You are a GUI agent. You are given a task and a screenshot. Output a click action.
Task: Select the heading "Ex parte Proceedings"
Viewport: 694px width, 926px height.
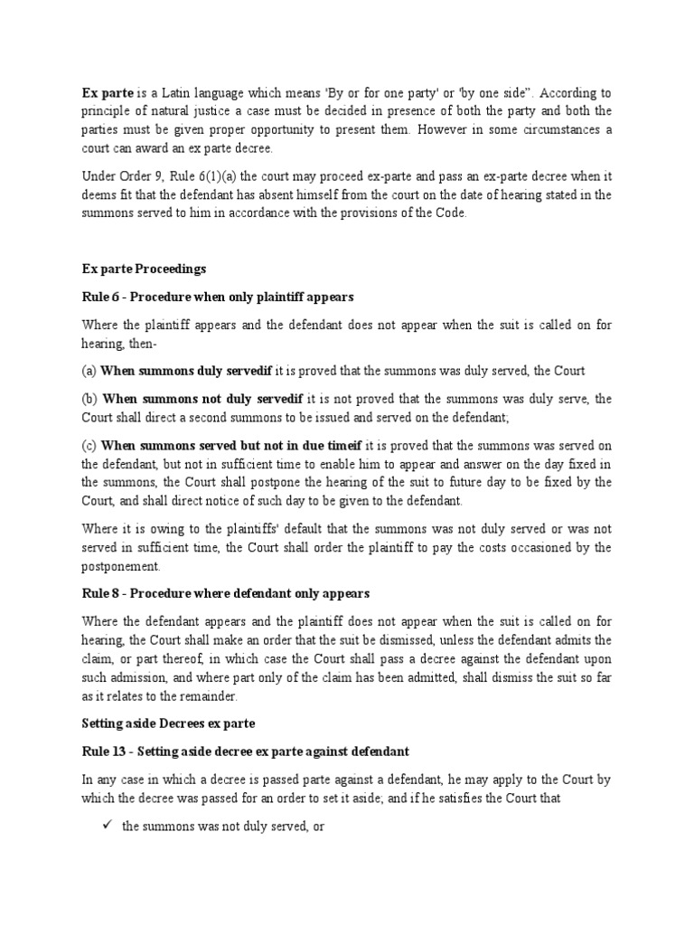tap(144, 269)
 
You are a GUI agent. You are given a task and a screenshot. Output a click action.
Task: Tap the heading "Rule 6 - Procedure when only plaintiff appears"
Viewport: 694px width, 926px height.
tap(220, 298)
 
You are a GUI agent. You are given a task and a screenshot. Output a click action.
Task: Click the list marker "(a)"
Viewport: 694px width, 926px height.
tap(89, 371)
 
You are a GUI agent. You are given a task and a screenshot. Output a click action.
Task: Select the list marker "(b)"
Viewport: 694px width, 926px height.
tap(89, 399)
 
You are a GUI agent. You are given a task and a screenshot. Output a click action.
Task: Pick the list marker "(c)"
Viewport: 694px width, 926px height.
tap(89, 445)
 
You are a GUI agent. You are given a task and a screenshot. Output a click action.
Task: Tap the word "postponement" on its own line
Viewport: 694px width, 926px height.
tap(121, 566)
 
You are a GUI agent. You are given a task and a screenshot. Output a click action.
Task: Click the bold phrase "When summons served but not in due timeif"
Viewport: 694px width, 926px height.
tap(231, 445)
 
